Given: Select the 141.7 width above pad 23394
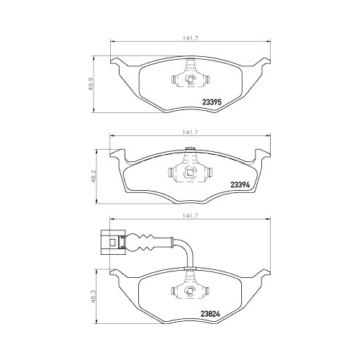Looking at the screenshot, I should pos(190,133).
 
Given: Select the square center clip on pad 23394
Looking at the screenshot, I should pos(190,172).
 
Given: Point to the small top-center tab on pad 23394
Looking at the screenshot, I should pos(190,150).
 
